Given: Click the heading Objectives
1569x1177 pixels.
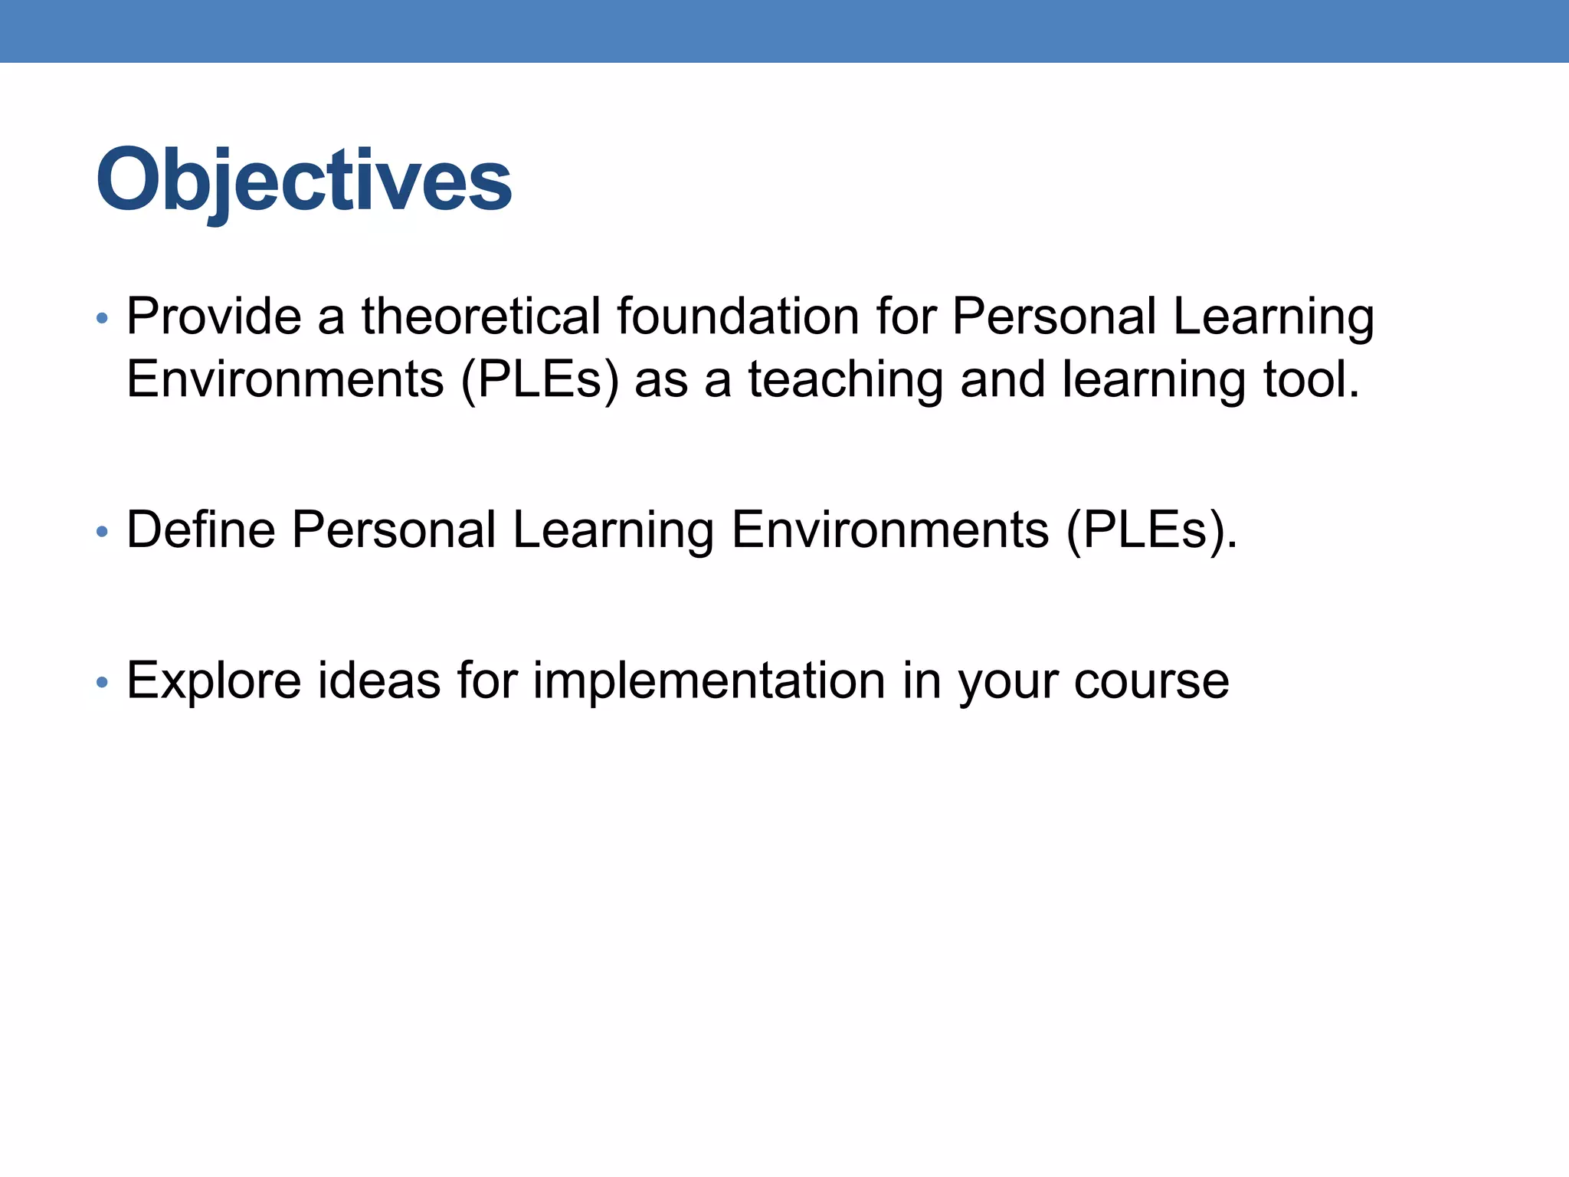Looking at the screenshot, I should [x=303, y=181].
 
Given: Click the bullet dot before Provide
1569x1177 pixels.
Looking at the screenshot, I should [x=103, y=318].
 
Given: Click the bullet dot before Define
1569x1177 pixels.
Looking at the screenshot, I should [x=103, y=531].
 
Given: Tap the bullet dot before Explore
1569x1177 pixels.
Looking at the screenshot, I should [x=103, y=681].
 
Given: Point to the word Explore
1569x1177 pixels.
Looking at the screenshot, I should [x=214, y=680].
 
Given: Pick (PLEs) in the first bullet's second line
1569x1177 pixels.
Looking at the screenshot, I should [x=539, y=379].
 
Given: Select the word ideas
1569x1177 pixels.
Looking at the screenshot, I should [x=378, y=680].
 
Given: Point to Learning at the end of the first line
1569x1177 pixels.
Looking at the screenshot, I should [x=1273, y=317].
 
